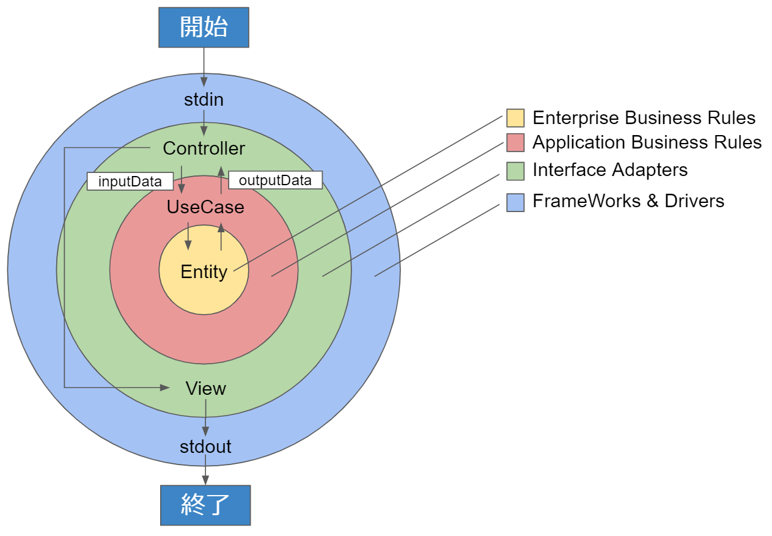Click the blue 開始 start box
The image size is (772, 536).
pyautogui.click(x=204, y=28)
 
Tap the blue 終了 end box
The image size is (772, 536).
pyautogui.click(x=205, y=505)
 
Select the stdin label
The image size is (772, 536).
pyautogui.click(x=204, y=100)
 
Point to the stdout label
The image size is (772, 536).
pyautogui.click(x=205, y=446)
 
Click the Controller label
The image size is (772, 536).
pyautogui.click(x=204, y=149)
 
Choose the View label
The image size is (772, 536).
pyautogui.click(x=205, y=389)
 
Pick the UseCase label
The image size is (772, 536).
pyautogui.click(x=205, y=207)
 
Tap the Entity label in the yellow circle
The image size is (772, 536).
pyautogui.click(x=204, y=272)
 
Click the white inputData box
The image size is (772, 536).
pyautogui.click(x=130, y=182)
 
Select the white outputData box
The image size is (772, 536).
pyautogui.click(x=275, y=180)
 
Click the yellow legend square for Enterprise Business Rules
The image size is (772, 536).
pyautogui.click(x=515, y=117)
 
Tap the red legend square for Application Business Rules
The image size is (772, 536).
pyautogui.click(x=515, y=142)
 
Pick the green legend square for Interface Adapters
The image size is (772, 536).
pyautogui.click(x=515, y=171)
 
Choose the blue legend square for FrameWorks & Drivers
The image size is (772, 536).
pyautogui.click(x=515, y=202)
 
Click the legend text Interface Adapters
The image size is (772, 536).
pyautogui.click(x=609, y=170)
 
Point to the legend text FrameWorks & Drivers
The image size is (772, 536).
pyautogui.click(x=628, y=201)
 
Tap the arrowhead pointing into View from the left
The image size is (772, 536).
pyautogui.click(x=164, y=387)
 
